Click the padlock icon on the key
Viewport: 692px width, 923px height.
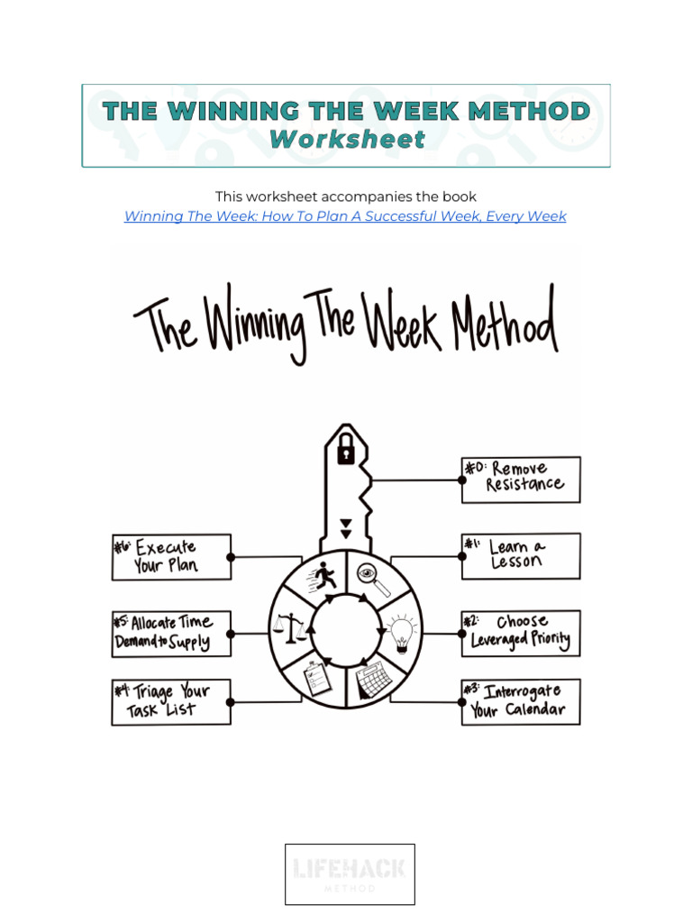[x=345, y=451]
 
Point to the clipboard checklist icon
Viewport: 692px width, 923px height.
[x=318, y=677]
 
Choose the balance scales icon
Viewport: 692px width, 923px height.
[x=289, y=627]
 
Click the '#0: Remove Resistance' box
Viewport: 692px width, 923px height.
[x=521, y=479]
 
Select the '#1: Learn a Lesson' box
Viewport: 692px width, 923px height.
[x=521, y=555]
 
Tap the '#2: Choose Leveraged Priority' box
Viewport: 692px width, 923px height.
[x=521, y=633]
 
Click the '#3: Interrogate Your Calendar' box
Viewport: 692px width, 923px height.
[x=521, y=701]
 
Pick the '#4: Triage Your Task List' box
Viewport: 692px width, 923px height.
[x=171, y=701]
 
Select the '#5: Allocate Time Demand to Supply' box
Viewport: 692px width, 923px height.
[x=171, y=633]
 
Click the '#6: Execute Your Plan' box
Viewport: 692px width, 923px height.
[x=171, y=556]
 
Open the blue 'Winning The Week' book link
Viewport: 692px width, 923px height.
[x=345, y=216]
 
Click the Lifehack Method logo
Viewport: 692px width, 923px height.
[x=350, y=873]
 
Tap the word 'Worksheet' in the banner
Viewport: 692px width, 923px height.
[x=347, y=140]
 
